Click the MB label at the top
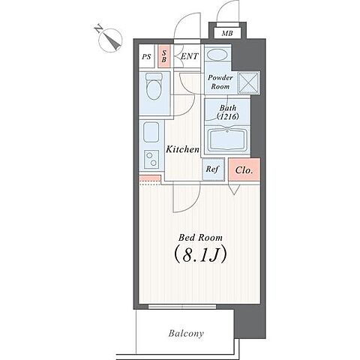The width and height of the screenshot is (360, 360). (x=227, y=33)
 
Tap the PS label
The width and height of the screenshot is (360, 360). (x=146, y=57)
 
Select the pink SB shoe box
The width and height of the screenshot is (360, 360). (x=164, y=56)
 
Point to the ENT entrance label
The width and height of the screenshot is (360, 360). (x=190, y=56)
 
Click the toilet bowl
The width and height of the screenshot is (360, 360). (x=153, y=87)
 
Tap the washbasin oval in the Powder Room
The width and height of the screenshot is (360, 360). (x=217, y=55)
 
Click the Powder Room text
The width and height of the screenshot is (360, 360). (x=220, y=82)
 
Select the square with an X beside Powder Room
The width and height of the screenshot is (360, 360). (x=248, y=83)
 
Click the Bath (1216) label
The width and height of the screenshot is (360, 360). (x=227, y=112)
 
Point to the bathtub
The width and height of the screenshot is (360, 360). (x=227, y=139)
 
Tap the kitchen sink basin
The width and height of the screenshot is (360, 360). (x=151, y=132)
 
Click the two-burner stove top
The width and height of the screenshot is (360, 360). (x=151, y=159)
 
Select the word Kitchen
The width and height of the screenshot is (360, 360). (x=183, y=149)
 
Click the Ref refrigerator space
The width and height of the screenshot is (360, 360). (x=213, y=169)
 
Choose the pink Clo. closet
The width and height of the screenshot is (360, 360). (x=244, y=169)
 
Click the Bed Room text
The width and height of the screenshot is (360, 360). (x=200, y=238)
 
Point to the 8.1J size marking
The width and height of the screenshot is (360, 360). (x=200, y=255)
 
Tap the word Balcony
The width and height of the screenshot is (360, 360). (x=186, y=333)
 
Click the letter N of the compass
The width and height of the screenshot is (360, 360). (x=98, y=28)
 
